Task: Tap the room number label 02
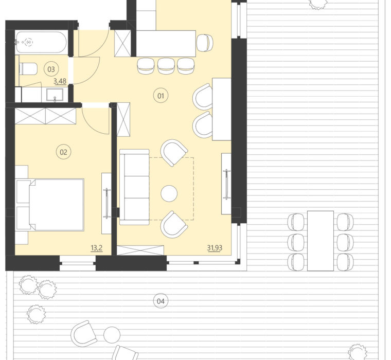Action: click(64, 152)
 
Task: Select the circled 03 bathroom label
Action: click(50, 68)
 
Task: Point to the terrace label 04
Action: click(160, 301)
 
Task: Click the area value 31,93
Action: click(215, 248)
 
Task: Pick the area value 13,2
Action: click(96, 248)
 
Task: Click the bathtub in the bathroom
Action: click(41, 42)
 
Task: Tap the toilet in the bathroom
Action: click(28, 68)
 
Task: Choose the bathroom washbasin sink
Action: click(55, 95)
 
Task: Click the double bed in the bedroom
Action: click(50, 204)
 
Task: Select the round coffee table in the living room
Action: click(169, 193)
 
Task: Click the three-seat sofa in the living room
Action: click(134, 187)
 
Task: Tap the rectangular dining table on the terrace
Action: click(320, 240)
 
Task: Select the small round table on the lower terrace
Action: click(112, 335)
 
